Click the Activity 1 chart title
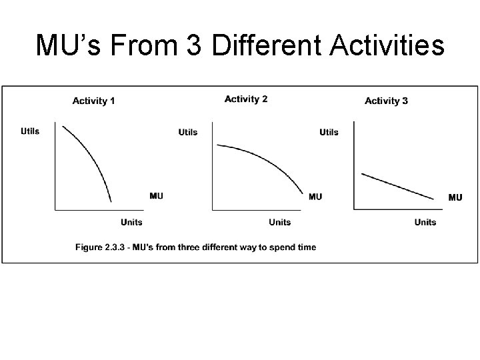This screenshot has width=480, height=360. pyautogui.click(x=93, y=101)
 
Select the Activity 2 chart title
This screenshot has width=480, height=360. pyautogui.click(x=246, y=99)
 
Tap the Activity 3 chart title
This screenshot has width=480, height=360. pyautogui.click(x=386, y=101)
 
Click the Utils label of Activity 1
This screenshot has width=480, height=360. pyautogui.click(x=30, y=131)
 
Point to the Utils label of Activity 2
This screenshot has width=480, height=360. pyautogui.click(x=188, y=132)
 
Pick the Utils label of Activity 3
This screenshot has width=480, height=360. pyautogui.click(x=329, y=132)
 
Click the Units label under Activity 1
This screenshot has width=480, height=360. pyautogui.click(x=131, y=222)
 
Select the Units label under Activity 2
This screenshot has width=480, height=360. pyautogui.click(x=280, y=222)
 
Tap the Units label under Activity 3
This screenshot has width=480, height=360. pyautogui.click(x=425, y=222)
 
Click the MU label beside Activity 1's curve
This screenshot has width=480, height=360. pyautogui.click(x=156, y=195)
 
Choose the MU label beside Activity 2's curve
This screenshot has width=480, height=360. pyautogui.click(x=315, y=196)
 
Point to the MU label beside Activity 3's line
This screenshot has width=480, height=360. pyautogui.click(x=455, y=197)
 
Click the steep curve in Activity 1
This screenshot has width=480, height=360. pyautogui.click(x=94, y=157)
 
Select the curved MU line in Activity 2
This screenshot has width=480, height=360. pyautogui.click(x=267, y=160)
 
